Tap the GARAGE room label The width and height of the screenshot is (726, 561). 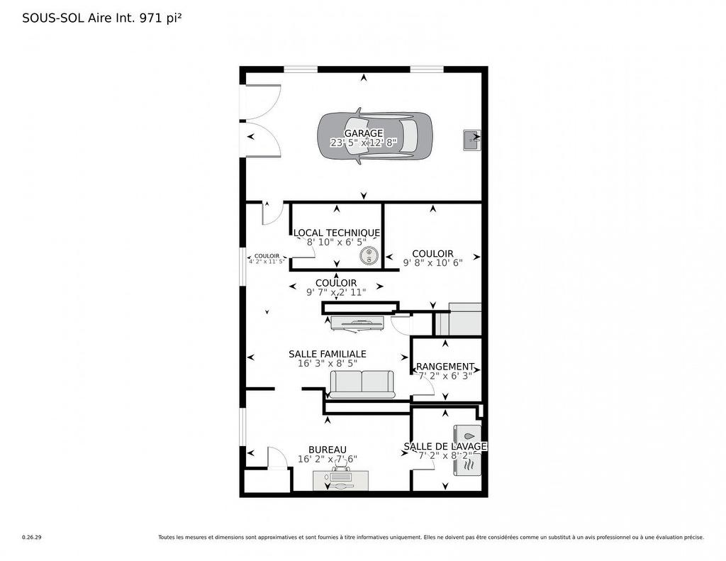click(364, 133)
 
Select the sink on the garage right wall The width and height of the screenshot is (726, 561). click(471, 140)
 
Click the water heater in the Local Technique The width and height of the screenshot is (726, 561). click(369, 257)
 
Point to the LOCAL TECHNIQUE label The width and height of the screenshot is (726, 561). click(337, 233)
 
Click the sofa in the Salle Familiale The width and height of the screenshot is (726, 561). click(362, 384)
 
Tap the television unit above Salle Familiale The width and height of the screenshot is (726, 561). click(358, 323)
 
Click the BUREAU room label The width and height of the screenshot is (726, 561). click(328, 450)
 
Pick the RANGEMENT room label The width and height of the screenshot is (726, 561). click(445, 367)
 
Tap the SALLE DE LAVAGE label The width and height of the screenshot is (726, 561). click(445, 446)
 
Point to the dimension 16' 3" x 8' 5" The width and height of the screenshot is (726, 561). click(328, 363)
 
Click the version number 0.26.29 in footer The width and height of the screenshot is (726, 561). click(32, 538)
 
